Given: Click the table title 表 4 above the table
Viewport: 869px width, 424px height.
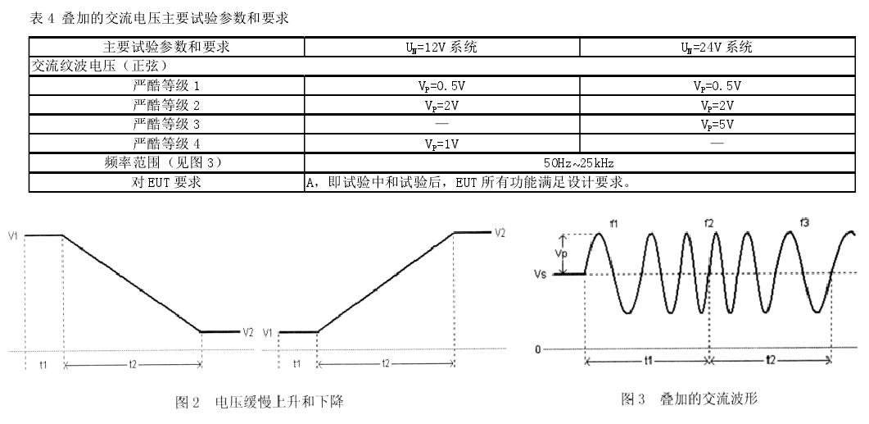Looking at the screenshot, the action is pos(42,19).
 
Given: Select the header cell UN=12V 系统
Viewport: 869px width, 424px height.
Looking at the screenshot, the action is pos(441,48).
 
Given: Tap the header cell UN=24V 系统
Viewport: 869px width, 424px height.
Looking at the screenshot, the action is pos(717,48).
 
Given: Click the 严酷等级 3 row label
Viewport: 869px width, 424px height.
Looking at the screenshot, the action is pos(166,125).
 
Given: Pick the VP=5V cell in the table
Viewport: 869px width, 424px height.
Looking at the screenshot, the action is pos(717,125).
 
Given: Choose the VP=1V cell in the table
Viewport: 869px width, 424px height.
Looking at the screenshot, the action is pos(441,144).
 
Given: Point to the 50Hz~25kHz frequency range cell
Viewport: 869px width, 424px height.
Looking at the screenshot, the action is pos(578,163).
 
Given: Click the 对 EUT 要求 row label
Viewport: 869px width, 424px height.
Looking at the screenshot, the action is pos(166,183).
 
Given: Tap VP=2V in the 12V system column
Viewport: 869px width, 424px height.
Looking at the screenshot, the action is pos(441,106).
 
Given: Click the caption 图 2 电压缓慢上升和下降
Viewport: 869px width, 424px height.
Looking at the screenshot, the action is pos(260,402).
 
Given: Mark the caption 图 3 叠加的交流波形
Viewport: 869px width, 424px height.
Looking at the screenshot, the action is pos(689,399).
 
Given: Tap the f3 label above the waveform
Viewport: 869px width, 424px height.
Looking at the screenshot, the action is pos(804,222).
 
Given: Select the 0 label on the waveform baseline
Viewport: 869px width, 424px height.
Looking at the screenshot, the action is pos(537,349).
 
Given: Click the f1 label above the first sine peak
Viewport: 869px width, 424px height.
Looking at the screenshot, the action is pos(613,224).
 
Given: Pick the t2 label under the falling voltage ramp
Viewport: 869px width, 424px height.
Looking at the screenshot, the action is pos(133,365).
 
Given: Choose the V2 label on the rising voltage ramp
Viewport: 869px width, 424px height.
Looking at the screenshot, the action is pos(500,233).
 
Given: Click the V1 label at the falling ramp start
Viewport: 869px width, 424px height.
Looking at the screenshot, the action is pos(13,236).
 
